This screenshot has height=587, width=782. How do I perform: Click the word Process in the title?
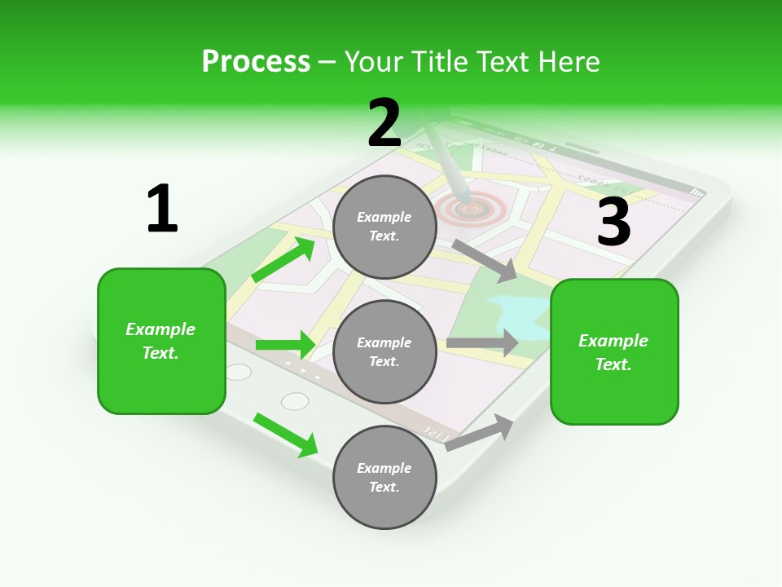pos(256,61)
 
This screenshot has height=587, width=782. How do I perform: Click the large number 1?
pos(162,209)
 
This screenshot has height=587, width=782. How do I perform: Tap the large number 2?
pos(384,123)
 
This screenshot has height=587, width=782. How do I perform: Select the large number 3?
pos(613,222)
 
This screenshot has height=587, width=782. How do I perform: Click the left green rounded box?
pos(161,341)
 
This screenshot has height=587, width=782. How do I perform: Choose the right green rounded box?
pos(614,352)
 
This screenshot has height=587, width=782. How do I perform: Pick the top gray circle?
pos(384,227)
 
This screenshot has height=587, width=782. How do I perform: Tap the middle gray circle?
pos(384,351)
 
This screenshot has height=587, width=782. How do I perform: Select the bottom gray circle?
pos(384,477)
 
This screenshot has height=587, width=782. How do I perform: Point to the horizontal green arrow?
pos(285,345)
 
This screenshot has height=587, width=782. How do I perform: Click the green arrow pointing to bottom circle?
pos(286,435)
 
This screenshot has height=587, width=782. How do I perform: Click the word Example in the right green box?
pos(613,341)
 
